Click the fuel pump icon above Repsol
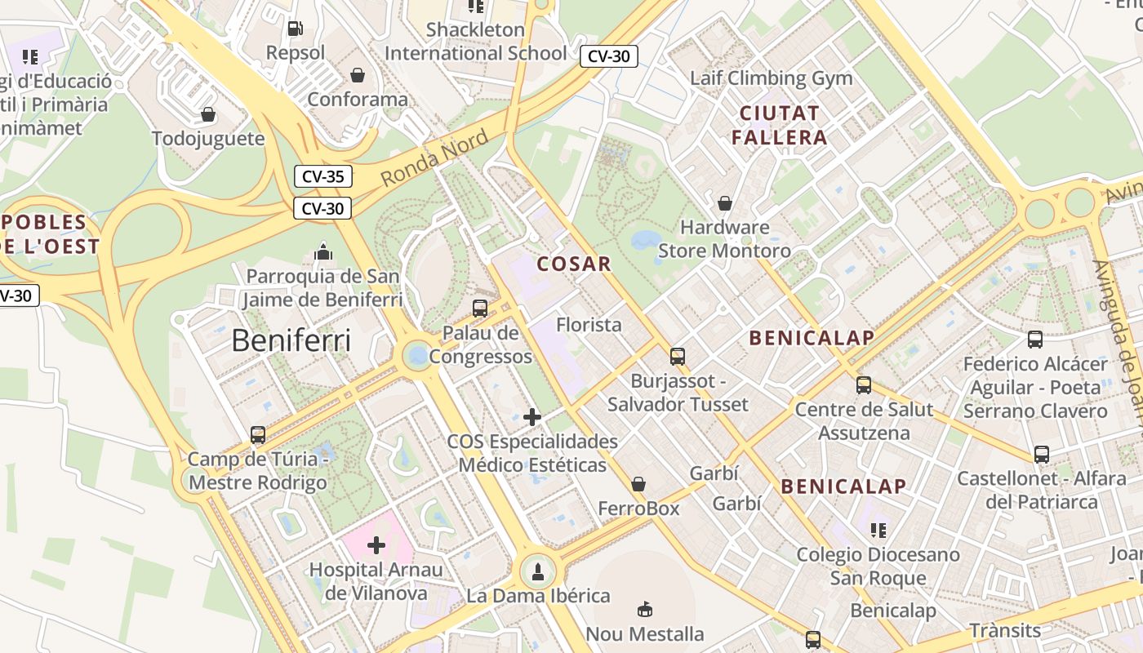point(295,29)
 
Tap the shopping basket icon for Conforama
point(358,75)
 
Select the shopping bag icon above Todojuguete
point(208,114)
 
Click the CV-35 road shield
point(322,176)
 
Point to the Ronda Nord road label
point(434,157)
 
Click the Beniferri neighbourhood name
point(291,340)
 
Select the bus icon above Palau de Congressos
point(480,309)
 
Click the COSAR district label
point(574,264)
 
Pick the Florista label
point(589,325)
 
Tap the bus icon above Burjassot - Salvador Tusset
point(678,356)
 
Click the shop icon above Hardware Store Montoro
point(724,202)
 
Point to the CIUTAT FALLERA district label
point(780,125)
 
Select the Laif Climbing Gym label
point(771,78)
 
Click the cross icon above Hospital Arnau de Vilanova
point(376,544)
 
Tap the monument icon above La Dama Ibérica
point(538,571)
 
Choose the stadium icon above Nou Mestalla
point(645,609)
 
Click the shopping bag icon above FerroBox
point(638,484)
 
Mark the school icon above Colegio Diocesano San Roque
point(878,531)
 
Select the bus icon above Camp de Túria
point(258,434)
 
